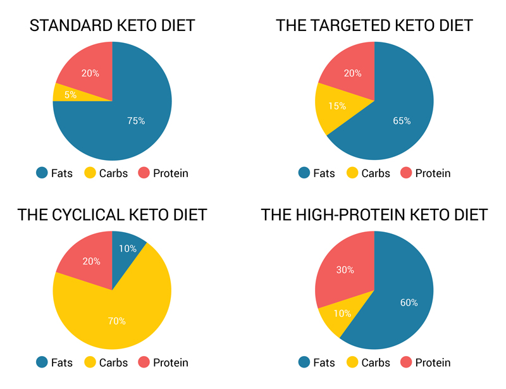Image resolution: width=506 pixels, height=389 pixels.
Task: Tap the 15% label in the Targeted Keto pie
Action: coord(337,106)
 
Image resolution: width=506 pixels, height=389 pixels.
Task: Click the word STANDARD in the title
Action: coord(70,26)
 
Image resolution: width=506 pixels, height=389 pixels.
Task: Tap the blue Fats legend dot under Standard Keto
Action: coord(42,173)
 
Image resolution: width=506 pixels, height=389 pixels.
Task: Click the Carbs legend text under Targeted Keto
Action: coord(376,173)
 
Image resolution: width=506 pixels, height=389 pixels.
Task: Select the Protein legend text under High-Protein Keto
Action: coord(433,362)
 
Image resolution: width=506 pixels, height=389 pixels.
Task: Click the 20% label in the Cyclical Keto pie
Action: coord(90,261)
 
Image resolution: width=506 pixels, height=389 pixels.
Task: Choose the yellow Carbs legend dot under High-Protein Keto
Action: coord(352,362)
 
